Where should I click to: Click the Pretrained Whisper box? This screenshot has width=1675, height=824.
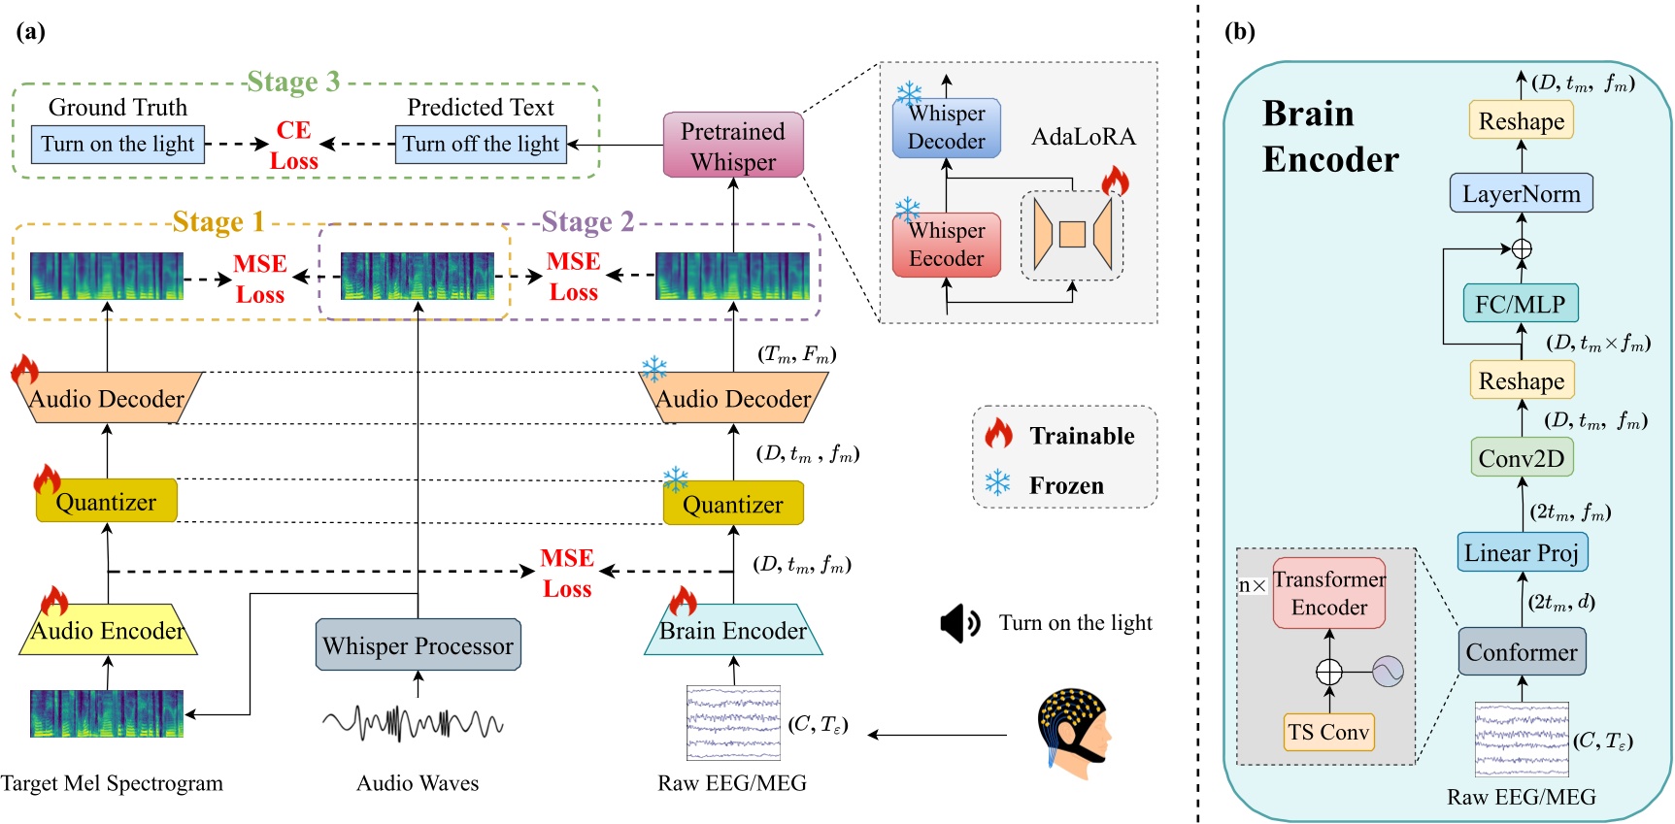[733, 146]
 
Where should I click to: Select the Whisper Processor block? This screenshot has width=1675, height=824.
[418, 645]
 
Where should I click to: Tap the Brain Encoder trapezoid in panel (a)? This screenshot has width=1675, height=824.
[733, 631]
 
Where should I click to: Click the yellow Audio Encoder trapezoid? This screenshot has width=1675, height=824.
[108, 632]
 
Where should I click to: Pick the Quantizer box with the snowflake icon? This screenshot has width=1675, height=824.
[733, 505]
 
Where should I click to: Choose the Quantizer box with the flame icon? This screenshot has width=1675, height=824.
[107, 502]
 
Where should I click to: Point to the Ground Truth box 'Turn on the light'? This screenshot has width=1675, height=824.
[117, 145]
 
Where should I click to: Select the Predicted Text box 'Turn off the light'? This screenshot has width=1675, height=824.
[481, 145]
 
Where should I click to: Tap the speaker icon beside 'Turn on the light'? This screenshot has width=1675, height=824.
[960, 623]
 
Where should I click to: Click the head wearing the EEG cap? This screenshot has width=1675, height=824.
[1072, 733]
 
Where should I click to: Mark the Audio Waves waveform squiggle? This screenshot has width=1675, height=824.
[413, 723]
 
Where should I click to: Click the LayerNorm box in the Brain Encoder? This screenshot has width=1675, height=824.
[1521, 193]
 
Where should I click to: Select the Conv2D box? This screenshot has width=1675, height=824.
[1521, 458]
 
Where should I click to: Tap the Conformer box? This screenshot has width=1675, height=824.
[1521, 652]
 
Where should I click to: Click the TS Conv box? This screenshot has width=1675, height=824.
[1328, 732]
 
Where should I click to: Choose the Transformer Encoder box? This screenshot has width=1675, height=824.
[1328, 593]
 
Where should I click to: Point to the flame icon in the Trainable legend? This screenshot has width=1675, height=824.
[998, 434]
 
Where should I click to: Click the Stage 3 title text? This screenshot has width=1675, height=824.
[293, 82]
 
